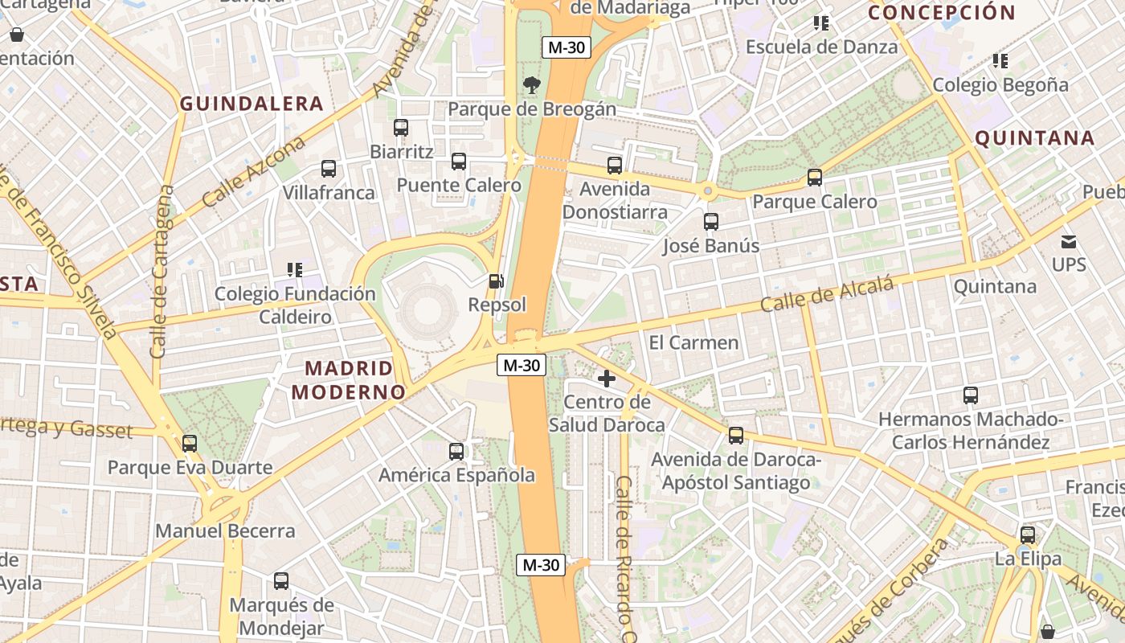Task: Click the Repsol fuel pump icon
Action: coord(497,281)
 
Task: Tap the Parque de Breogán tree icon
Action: coord(531,84)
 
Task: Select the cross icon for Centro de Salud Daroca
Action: coord(607,378)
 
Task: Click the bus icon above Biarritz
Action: coord(401,128)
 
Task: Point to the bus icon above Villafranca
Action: coord(329,169)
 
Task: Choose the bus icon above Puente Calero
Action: coord(459,162)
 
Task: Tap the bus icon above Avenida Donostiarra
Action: coord(615,166)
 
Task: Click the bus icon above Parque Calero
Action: coord(815,178)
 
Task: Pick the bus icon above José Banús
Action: coord(711,222)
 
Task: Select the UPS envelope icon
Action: coord(1069,241)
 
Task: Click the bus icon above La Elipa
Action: coord(1028,534)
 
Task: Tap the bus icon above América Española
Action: coord(456,452)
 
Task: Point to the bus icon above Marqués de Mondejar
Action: coord(281,581)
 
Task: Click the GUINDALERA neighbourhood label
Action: coord(252,104)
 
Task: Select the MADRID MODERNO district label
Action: coord(349,380)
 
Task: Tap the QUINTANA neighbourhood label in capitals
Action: coord(1035,138)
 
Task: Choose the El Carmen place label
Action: coord(693,342)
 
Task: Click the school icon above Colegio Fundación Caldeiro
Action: coord(295,270)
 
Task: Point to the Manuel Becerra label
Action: coord(225,530)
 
